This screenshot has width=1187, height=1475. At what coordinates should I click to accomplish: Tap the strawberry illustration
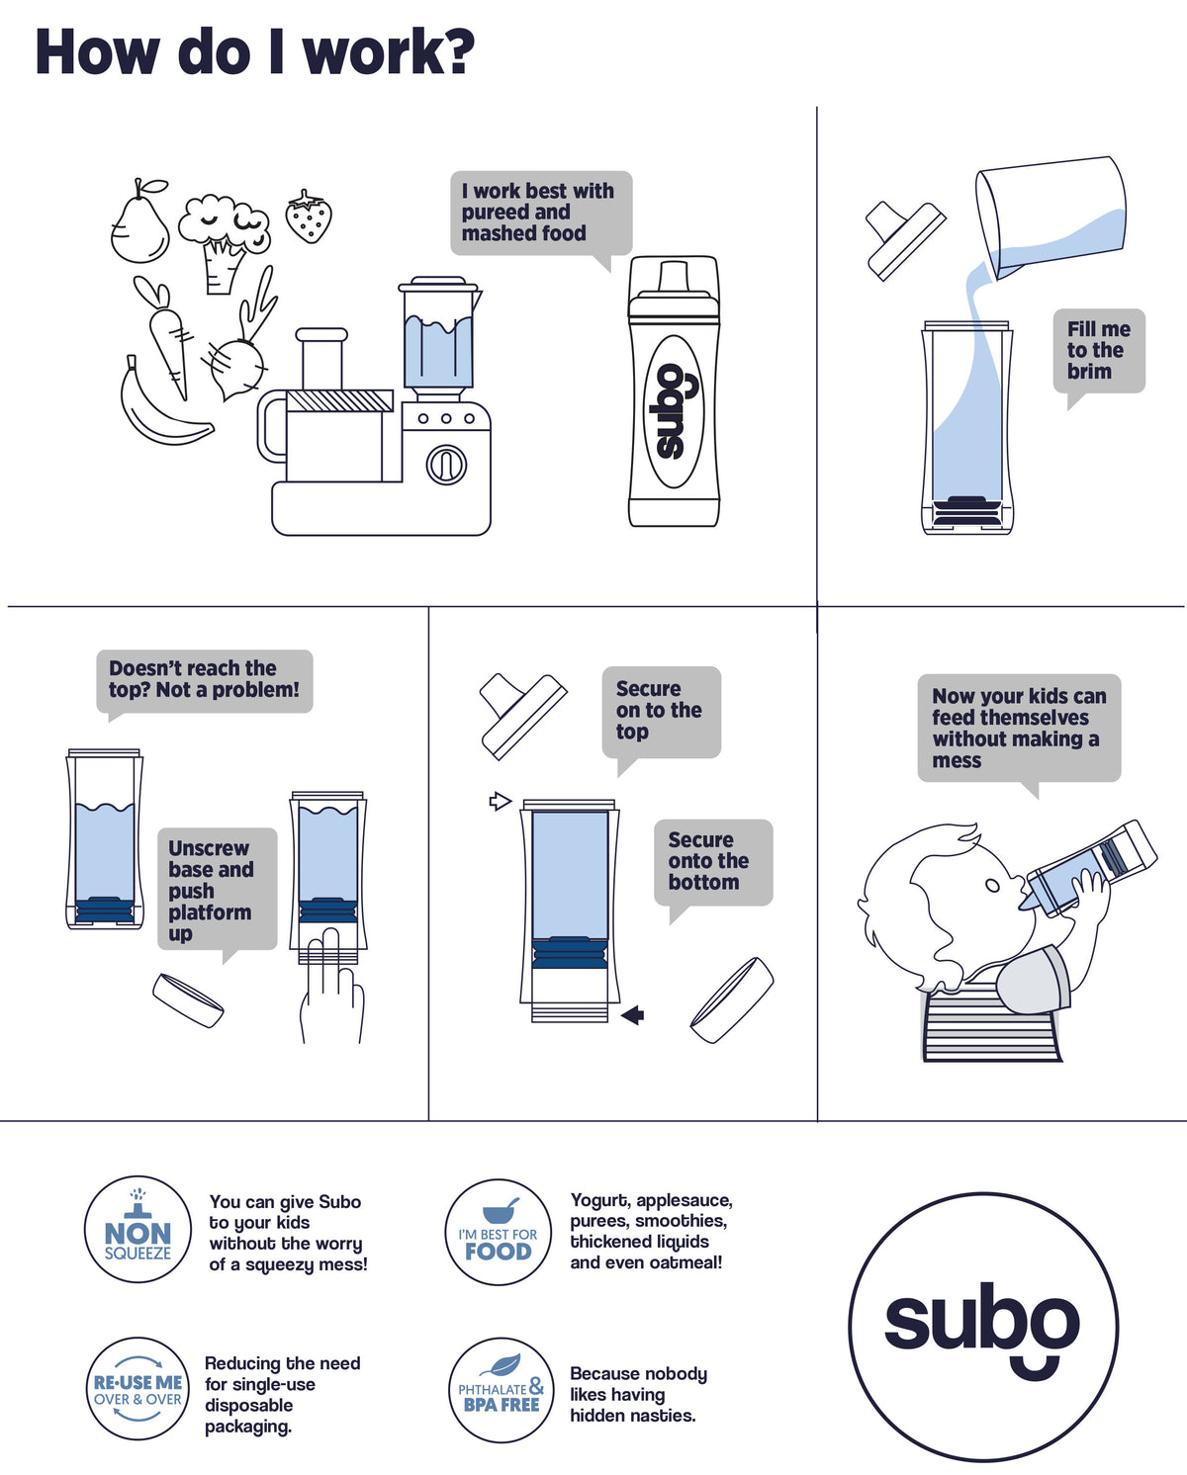coord(309,217)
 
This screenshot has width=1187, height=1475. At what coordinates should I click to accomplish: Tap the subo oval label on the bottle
coord(674,411)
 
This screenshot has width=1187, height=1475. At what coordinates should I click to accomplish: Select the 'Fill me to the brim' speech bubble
coord(1099,351)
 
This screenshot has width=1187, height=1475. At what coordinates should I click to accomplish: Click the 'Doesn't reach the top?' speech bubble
coord(204,680)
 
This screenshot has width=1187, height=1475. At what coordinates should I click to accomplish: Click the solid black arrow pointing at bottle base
coord(633,1014)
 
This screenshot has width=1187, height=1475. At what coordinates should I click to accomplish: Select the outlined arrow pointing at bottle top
coord(500,801)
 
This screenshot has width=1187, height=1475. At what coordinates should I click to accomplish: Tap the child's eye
coord(992,886)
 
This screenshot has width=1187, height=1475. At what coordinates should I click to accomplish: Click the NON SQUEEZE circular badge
coord(137,1229)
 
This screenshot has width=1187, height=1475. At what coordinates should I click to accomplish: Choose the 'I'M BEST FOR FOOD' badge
coord(498,1232)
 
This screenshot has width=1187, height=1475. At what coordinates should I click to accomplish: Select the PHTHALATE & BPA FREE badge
coord(501,1390)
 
